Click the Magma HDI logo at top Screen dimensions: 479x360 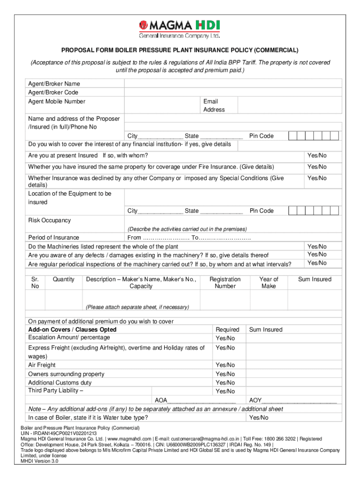pyautogui.click(x=180, y=29)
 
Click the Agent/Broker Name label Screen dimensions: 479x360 pyautogui.click(x=54, y=84)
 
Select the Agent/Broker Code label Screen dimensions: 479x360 pyautogui.click(x=53, y=93)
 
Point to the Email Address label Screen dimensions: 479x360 pyautogui.click(x=214, y=105)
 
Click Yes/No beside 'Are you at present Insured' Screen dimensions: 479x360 pyautogui.click(x=317, y=155)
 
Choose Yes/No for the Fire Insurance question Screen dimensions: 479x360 pyautogui.click(x=317, y=167)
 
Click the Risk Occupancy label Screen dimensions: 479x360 pyautogui.click(x=50, y=220)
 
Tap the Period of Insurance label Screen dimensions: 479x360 pyautogui.click(x=54, y=238)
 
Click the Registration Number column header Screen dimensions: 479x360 pyautogui.click(x=225, y=283)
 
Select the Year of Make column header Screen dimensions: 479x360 pyautogui.click(x=269, y=283)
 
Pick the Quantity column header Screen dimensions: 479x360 pyautogui.click(x=64, y=279)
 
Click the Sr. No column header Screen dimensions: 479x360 pyautogui.click(x=35, y=283)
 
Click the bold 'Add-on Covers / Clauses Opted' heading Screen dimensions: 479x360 pyautogui.click(x=72, y=330)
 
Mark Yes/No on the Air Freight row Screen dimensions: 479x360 pyautogui.click(x=225, y=365)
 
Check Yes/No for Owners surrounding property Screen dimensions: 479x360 pyautogui.click(x=225, y=374)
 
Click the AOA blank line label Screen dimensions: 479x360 pyautogui.click(x=161, y=400)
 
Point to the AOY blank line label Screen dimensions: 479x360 pyautogui.click(x=255, y=400)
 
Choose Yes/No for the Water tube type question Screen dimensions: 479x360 pyautogui.click(x=259, y=418)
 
